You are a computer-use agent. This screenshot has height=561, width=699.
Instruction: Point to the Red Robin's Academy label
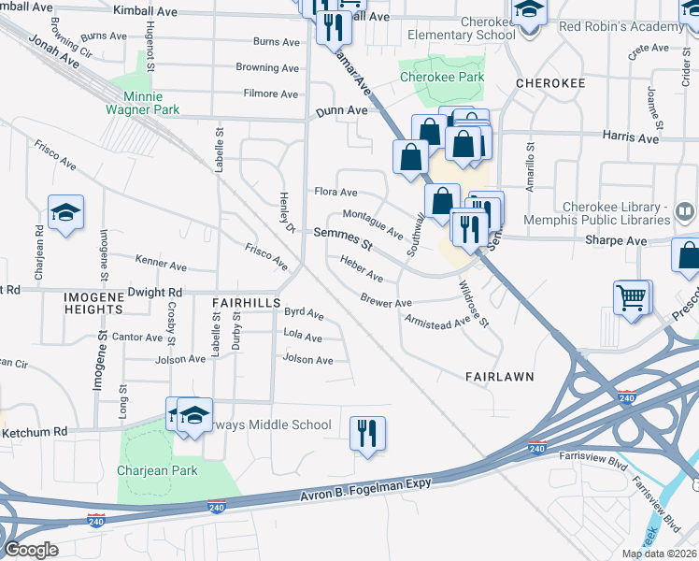pos(621,26)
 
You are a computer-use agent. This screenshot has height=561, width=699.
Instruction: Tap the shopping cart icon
pos(632,298)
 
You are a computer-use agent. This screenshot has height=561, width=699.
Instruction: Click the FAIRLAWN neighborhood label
pos(499,376)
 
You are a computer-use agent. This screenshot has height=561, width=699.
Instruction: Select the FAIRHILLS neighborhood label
pos(246,304)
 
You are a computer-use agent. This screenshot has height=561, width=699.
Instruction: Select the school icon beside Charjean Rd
pos(65,214)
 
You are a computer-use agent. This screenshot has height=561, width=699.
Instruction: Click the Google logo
pos(30,550)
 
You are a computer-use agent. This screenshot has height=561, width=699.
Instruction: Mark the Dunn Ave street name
pos(341,110)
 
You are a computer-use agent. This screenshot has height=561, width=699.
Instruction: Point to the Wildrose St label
pos(474,306)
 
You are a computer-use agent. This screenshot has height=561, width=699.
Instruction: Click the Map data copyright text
pos(656,554)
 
